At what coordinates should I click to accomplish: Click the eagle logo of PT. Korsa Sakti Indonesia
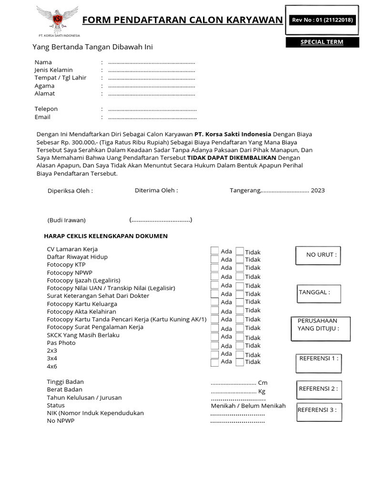click(58, 19)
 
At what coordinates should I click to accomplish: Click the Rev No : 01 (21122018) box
click(322, 20)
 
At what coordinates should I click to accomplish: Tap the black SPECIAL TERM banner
click(322, 42)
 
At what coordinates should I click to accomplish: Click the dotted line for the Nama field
click(152, 63)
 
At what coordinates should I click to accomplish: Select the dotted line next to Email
click(152, 117)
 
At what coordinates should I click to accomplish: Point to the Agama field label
click(44, 86)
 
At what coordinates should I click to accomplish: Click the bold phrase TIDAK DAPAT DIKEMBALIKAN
click(232, 157)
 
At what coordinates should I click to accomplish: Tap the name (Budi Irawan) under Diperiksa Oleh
click(66, 220)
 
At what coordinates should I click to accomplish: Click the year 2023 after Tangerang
click(317, 190)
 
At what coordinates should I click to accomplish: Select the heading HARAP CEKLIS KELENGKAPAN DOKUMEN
click(106, 236)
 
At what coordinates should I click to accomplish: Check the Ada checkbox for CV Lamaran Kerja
click(215, 251)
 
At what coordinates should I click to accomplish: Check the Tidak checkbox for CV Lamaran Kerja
click(240, 252)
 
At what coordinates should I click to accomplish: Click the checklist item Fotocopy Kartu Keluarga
click(82, 304)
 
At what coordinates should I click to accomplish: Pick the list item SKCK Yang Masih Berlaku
click(83, 335)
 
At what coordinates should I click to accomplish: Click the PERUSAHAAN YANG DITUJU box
click(320, 329)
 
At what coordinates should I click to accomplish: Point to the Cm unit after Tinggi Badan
click(263, 383)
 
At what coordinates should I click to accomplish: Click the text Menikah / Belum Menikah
click(248, 406)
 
